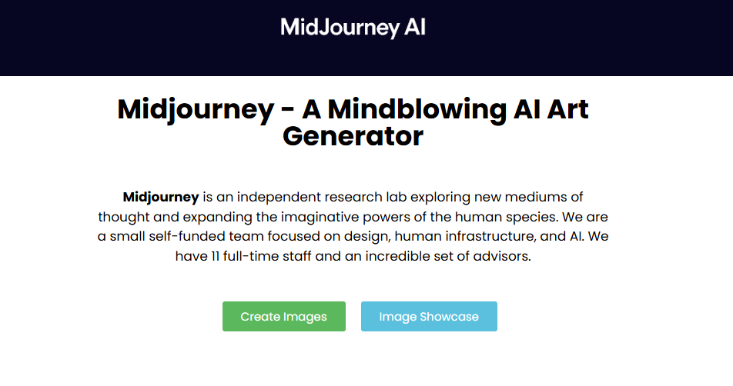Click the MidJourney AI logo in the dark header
click(x=353, y=28)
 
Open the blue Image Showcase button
click(x=429, y=317)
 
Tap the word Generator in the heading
click(x=353, y=137)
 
